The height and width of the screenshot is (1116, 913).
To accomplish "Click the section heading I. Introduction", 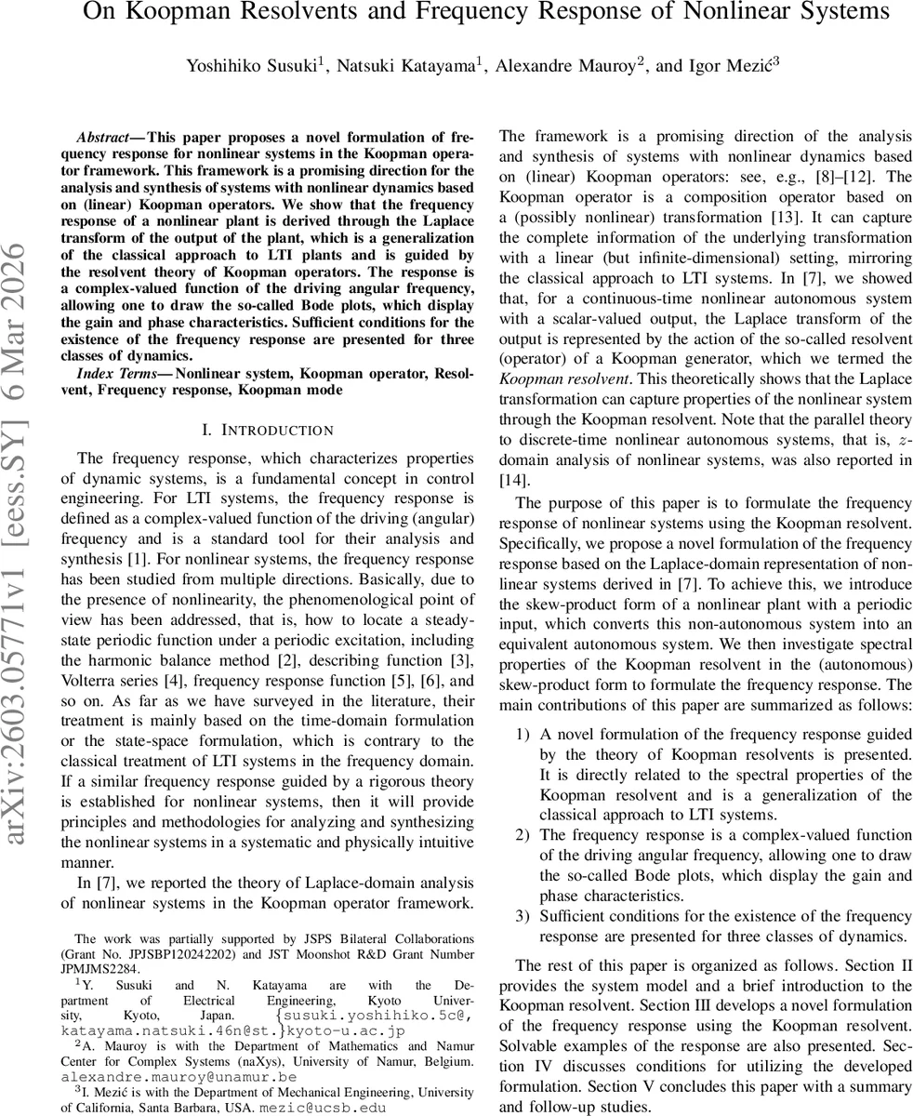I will point(267,430).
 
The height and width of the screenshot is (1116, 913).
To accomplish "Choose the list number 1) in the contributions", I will point(523,735).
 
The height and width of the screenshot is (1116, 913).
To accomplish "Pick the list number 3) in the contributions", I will point(523,917).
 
